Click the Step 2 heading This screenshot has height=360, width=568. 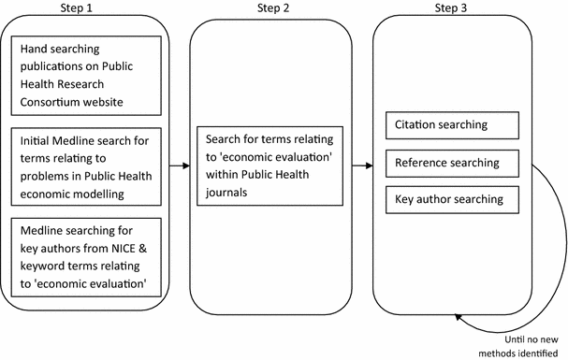270,8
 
